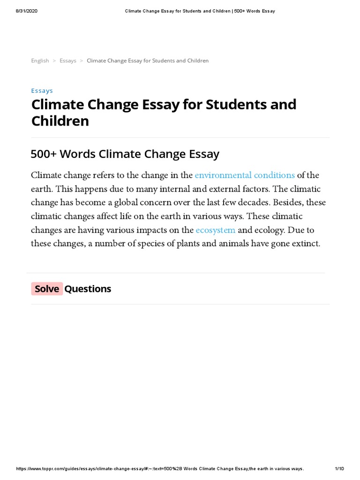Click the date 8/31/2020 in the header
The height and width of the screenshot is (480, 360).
tap(26, 11)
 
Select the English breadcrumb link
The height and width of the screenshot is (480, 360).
tap(40, 60)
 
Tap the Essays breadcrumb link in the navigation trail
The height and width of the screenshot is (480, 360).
tap(68, 60)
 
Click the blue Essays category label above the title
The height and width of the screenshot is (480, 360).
tap(42, 90)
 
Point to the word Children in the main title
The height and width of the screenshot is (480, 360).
tap(60, 121)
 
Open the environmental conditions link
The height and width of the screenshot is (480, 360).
tap(245, 175)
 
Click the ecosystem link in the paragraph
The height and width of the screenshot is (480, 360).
tap(216, 230)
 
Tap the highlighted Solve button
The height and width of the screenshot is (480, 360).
tap(47, 289)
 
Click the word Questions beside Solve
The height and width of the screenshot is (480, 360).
tap(88, 289)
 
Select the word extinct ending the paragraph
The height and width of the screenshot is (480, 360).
tap(305, 244)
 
